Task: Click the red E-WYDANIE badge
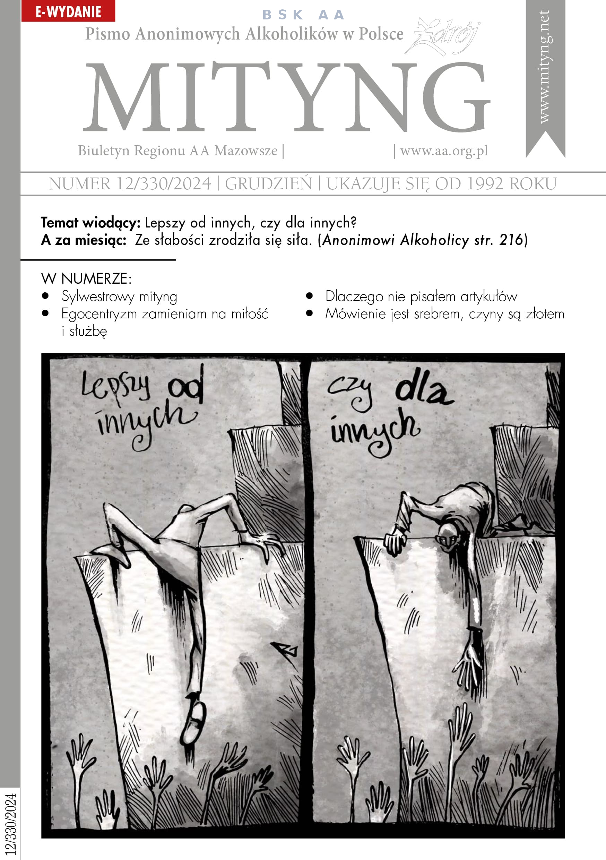tap(68, 11)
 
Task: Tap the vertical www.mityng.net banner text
tap(544, 67)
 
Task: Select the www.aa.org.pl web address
tap(444, 150)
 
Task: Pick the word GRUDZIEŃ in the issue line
tap(268, 183)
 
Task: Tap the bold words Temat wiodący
tap(90, 223)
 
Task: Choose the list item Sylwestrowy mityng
tap(119, 296)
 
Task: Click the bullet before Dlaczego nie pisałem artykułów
tap(309, 296)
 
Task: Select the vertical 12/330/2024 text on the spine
tap(11, 824)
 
